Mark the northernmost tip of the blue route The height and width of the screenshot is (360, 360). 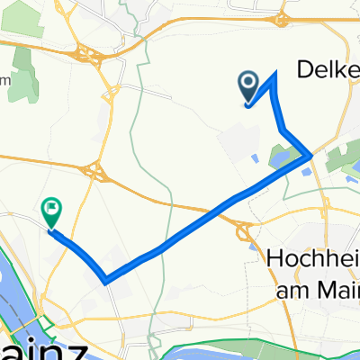273,73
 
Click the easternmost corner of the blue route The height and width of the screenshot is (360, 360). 311,156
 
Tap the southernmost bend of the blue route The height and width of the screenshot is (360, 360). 107,280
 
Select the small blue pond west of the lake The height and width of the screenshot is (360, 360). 255,160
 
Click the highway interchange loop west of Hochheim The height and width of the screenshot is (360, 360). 245,232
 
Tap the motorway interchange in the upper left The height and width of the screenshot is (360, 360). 94,56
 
